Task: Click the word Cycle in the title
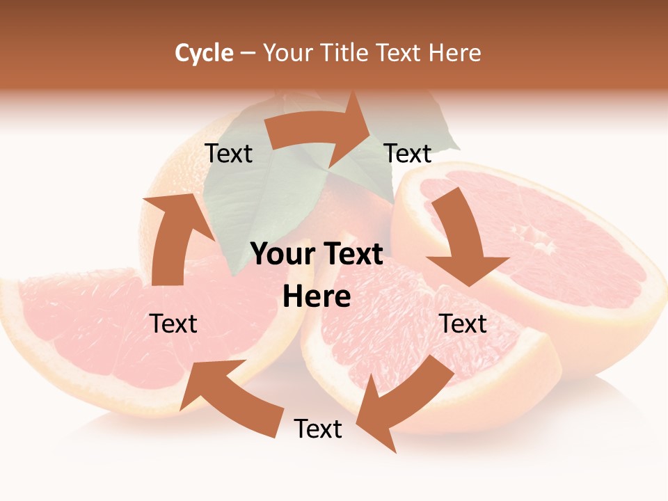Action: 204,53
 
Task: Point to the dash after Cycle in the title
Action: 248,54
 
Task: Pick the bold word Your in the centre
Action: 280,255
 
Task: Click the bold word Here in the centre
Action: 317,297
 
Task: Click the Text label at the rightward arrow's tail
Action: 229,154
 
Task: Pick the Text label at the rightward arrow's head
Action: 408,154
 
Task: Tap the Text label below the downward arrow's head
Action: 463,324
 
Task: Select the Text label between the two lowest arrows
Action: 318,429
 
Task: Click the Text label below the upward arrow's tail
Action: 173,324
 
